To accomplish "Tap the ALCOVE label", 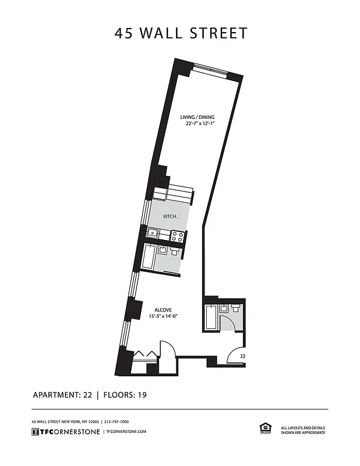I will pyautogui.click(x=163, y=310).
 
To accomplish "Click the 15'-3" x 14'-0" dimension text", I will pyautogui.click(x=163, y=316).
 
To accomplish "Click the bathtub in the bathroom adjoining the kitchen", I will pyautogui.click(x=149, y=257).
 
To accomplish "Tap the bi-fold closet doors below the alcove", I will pyautogui.click(x=144, y=355).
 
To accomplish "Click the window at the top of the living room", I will pyautogui.click(x=209, y=66).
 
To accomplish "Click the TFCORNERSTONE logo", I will pyautogui.click(x=66, y=432).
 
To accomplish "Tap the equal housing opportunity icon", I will pyautogui.click(x=265, y=428).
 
